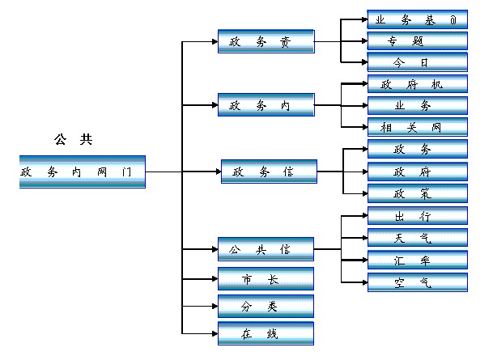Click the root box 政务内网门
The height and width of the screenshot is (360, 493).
click(82, 172)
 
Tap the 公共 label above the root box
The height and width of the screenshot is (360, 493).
click(73, 139)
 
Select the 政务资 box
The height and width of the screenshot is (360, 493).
click(266, 41)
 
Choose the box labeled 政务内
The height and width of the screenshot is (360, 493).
click(266, 105)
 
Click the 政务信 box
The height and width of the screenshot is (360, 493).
click(269, 172)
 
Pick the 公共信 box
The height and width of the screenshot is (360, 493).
click(266, 248)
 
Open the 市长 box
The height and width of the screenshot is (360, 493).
click(266, 279)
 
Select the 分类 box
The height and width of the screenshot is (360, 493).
click(266, 307)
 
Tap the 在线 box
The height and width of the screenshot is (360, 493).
click(266, 333)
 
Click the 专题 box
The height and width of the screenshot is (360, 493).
click(417, 40)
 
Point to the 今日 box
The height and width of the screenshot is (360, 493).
click(417, 62)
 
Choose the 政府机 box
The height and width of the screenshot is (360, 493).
click(417, 83)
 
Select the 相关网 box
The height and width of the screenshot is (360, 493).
click(417, 127)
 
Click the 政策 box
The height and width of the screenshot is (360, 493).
click(417, 193)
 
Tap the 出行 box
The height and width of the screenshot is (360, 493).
click(417, 216)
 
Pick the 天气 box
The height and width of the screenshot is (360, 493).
click(417, 238)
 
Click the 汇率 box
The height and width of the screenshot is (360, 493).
click(417, 260)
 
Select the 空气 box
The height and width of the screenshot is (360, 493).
click(417, 282)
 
